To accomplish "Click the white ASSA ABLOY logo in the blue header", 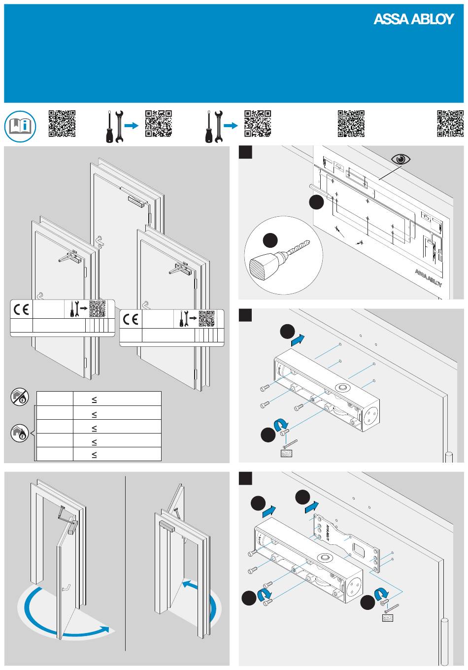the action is pos(413,19).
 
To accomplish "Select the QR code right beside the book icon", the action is pos(62,123).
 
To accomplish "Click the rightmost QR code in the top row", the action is pos(450,123).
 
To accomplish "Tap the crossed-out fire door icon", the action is pos(20,397).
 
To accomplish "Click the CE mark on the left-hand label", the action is pos(21,310).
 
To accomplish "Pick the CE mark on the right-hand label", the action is pos(131,320).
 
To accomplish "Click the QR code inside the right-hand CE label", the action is pos(207,319).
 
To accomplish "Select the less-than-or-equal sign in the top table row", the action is pos(94,400).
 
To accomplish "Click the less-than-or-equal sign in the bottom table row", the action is pos(94,455).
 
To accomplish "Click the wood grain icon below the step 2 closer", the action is pos(286,453).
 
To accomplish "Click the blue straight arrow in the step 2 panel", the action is pos(299,339).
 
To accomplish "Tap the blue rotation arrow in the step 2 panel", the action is pos(281,424).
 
